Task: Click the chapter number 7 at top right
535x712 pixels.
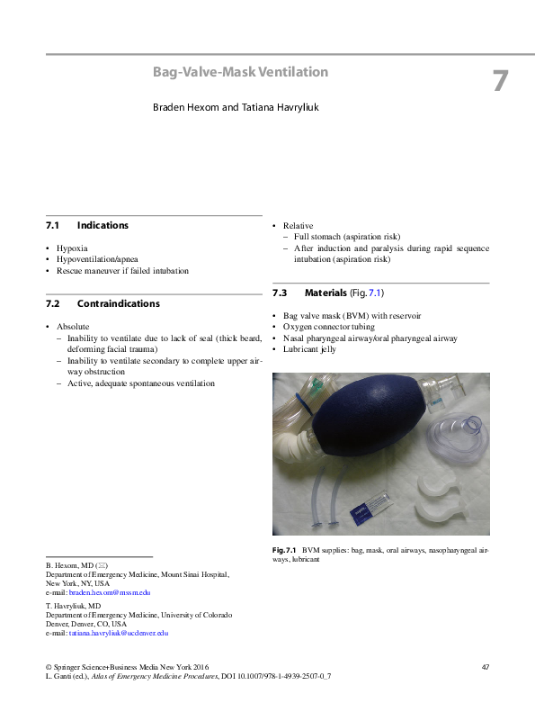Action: [x=500, y=81]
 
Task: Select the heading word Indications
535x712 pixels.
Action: [x=103, y=225]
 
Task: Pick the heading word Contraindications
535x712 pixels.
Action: [x=118, y=303]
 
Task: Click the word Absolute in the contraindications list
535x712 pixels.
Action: [x=73, y=326]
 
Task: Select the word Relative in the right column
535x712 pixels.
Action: [x=299, y=225]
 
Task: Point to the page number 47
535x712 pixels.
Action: [x=485, y=667]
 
